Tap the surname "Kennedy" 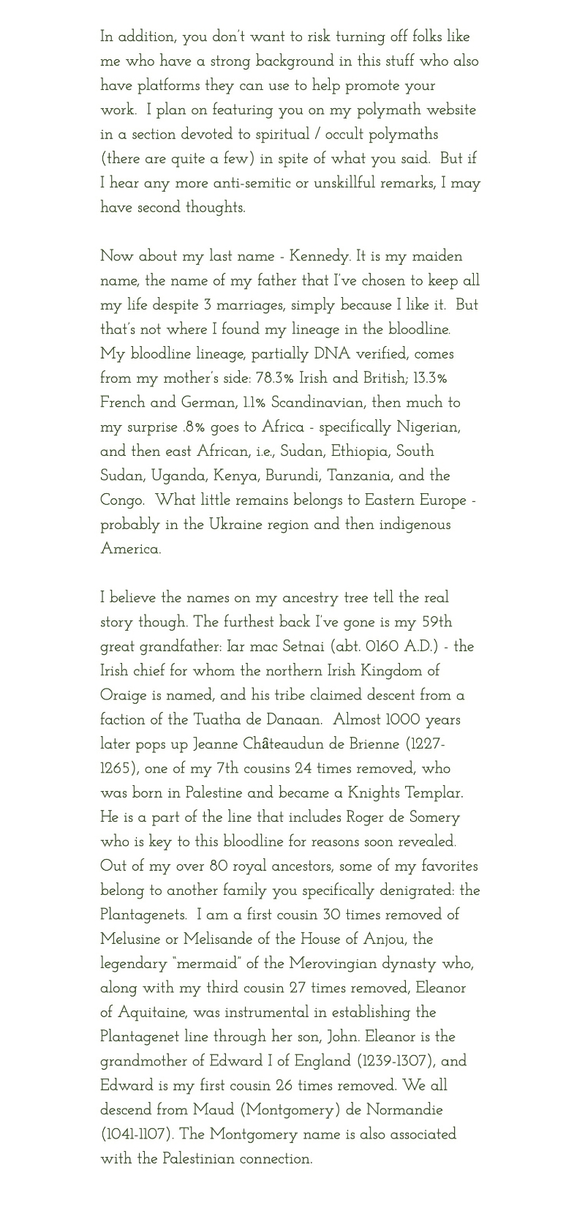(320, 256)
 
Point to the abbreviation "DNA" (332, 353)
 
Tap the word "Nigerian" (428, 427)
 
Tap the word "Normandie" (404, 1110)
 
